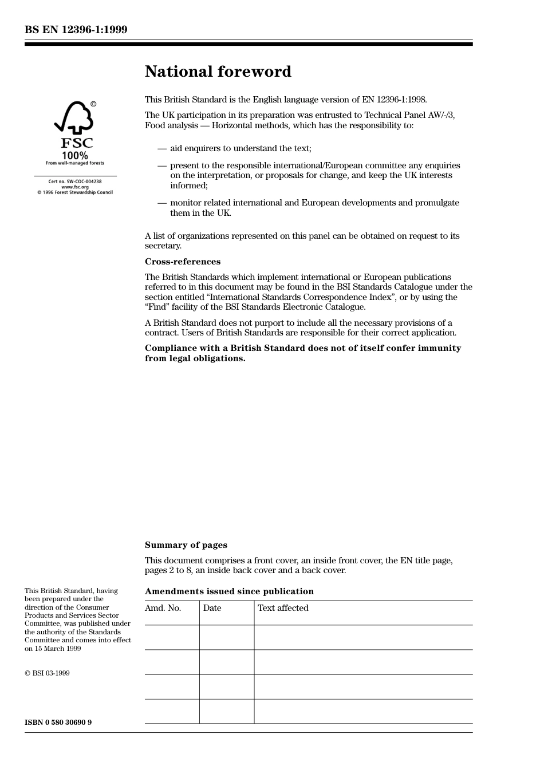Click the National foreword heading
pyautogui.click(x=218, y=72)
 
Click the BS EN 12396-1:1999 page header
pyautogui.click(x=76, y=30)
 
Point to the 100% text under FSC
pyautogui.click(x=75, y=155)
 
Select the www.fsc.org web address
pyautogui.click(x=75, y=187)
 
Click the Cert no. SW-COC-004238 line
pyautogui.click(x=75, y=181)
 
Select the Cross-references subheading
pyautogui.click(x=182, y=262)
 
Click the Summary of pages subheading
pyautogui.click(x=186, y=545)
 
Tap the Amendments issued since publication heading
pyautogui.click(x=229, y=591)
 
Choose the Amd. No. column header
pyautogui.click(x=163, y=608)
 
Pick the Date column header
pyautogui.click(x=212, y=608)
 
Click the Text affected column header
pyautogui.click(x=283, y=608)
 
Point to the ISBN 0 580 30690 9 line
pyautogui.click(x=58, y=722)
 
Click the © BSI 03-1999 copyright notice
pyautogui.click(x=47, y=673)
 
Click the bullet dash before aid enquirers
pyautogui.click(x=162, y=148)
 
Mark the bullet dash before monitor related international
pyautogui.click(x=162, y=203)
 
